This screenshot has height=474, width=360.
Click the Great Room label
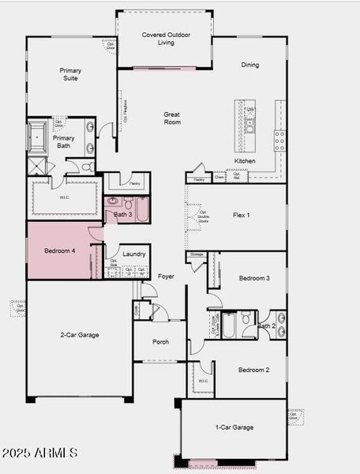tap(172, 118)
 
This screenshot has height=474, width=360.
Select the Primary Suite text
tap(70, 74)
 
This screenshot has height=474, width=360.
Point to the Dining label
tap(250, 65)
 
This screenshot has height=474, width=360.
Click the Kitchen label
tap(245, 161)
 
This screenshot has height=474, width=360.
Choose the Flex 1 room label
tap(241, 215)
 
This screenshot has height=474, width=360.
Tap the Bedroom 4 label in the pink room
tap(60, 251)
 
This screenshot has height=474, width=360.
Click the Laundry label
tap(134, 254)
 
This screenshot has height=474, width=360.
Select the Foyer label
tap(166, 276)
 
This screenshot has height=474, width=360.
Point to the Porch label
tap(160, 342)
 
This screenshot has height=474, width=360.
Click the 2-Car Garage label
tap(80, 335)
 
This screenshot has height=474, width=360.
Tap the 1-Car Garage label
tap(234, 427)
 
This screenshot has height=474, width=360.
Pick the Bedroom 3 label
tap(254, 278)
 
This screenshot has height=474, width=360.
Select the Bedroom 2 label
tap(253, 370)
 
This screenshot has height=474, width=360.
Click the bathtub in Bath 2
tap(228, 325)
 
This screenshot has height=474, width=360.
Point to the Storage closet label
tap(196, 254)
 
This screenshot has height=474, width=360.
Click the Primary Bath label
tap(64, 142)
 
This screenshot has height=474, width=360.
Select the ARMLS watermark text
tap(40, 453)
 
